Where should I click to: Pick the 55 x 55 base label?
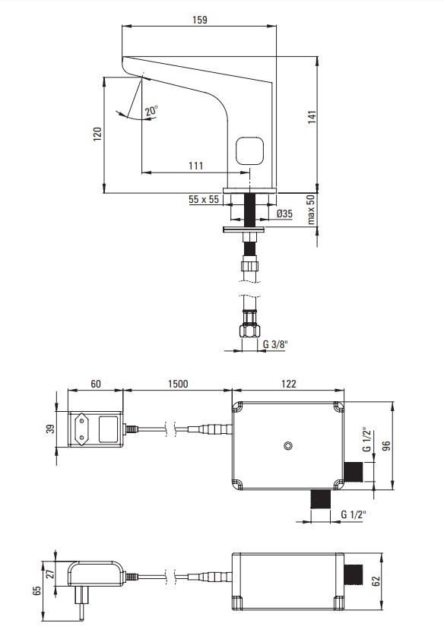(204, 199)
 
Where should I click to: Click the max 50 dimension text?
(310, 210)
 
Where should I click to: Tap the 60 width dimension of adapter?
(96, 384)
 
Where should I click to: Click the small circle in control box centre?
(288, 445)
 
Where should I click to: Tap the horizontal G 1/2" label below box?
(352, 515)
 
